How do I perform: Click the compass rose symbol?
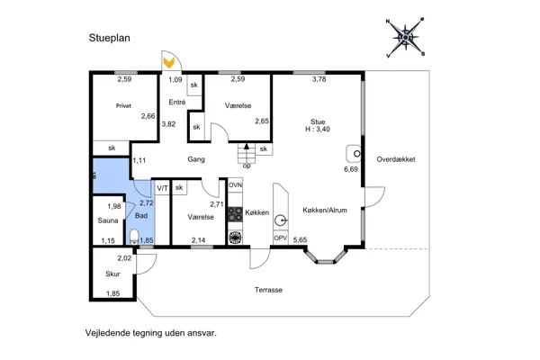406,37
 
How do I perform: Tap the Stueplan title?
110,38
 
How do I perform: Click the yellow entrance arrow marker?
169,63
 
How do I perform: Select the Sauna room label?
108,220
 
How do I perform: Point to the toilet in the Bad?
134,237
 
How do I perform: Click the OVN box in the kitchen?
235,185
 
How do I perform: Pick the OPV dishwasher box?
281,238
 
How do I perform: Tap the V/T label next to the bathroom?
162,188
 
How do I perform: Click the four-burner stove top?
235,213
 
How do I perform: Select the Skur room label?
112,274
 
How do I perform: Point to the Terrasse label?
268,290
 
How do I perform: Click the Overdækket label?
396,159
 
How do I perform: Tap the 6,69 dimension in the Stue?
351,169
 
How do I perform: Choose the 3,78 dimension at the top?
319,79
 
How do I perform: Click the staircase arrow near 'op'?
247,147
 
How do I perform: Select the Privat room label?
123,106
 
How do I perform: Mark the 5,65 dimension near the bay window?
300,239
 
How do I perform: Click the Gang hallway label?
196,159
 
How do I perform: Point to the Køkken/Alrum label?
325,210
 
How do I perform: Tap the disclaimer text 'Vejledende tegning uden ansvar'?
151,333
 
